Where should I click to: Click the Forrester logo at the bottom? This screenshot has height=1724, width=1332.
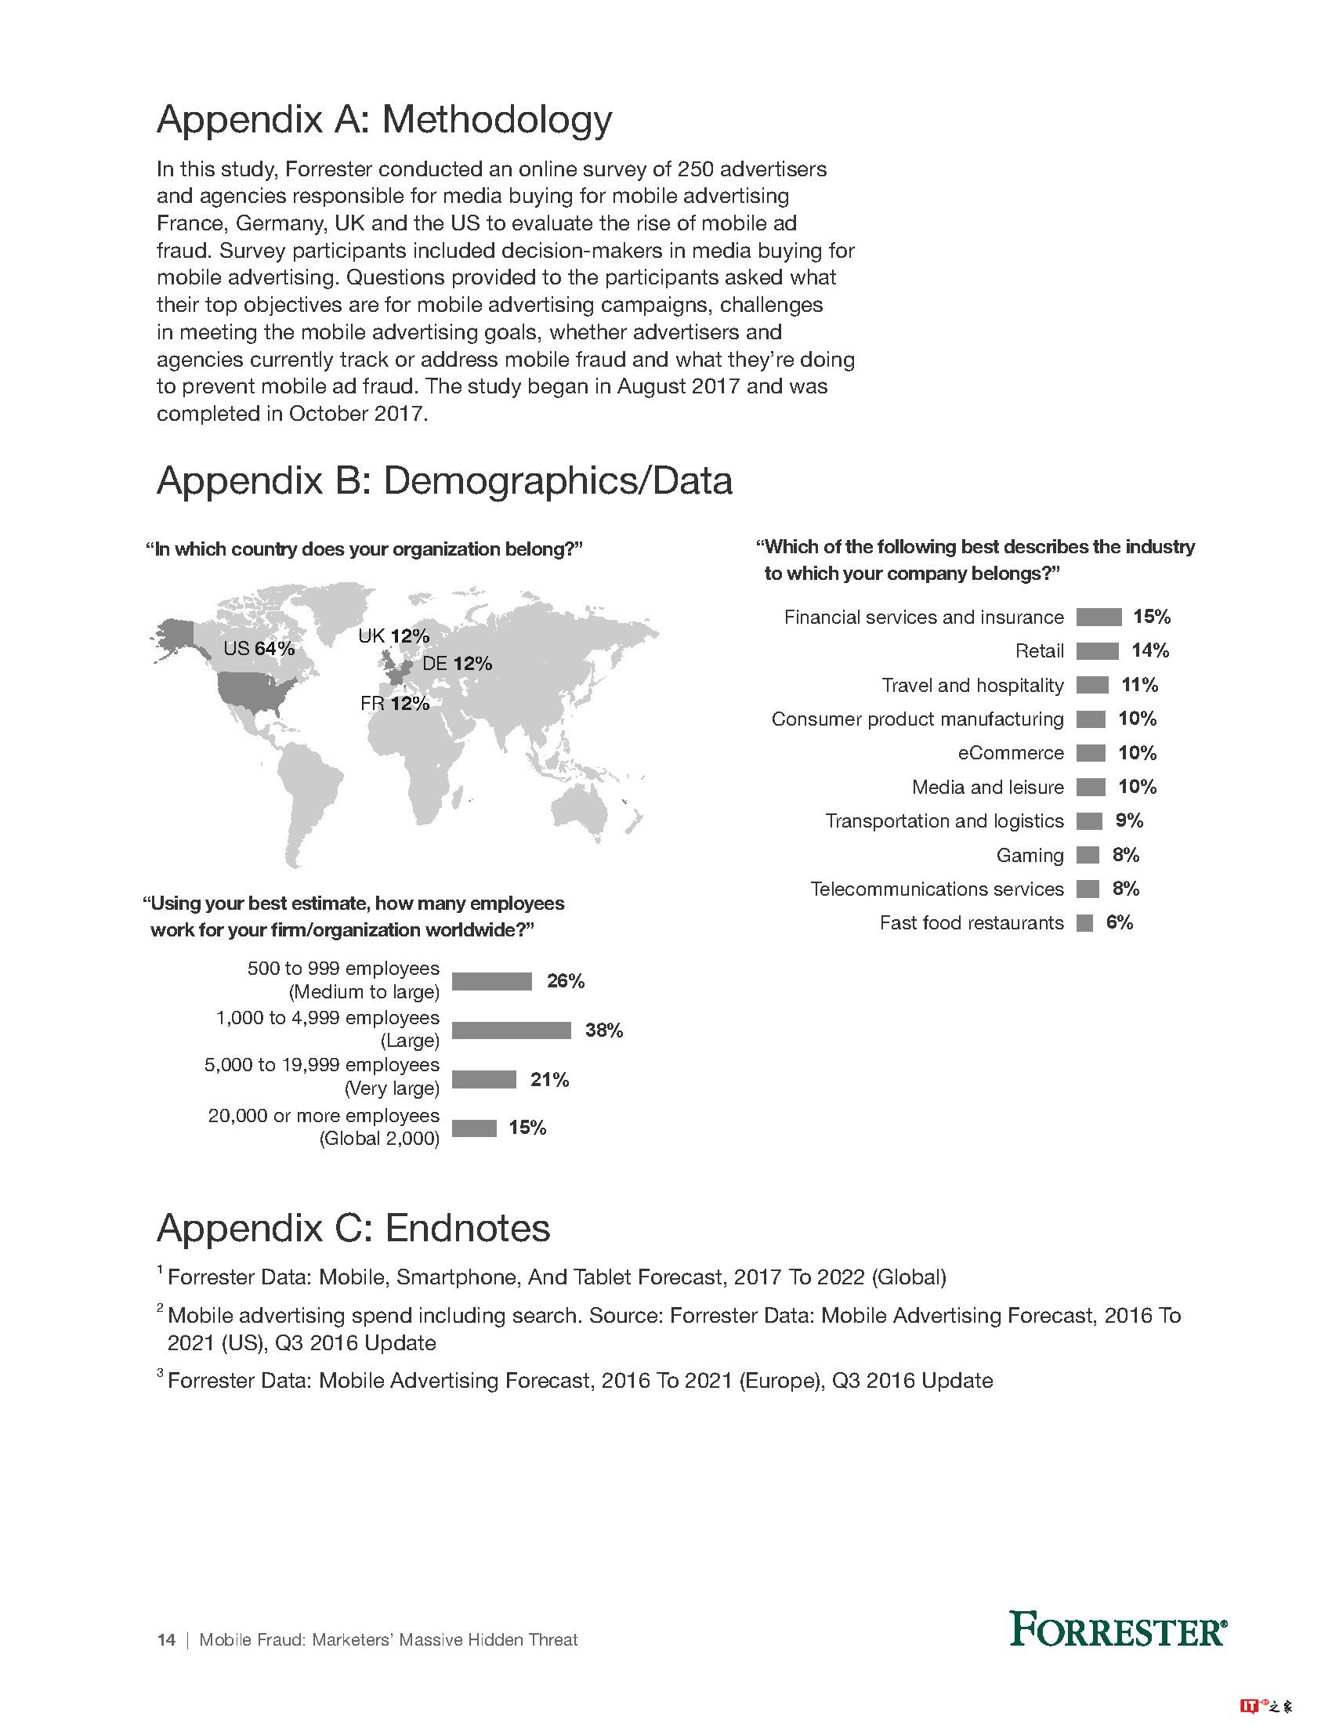click(x=1117, y=1630)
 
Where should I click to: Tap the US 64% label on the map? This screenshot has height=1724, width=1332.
click(x=259, y=649)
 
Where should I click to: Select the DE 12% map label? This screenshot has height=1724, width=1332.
click(x=457, y=664)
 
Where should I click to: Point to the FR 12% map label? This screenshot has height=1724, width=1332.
click(x=395, y=704)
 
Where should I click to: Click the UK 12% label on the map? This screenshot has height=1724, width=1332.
click(x=394, y=636)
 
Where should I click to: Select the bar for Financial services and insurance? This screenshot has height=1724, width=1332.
click(x=1099, y=618)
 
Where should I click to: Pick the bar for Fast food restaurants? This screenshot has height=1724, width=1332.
click(x=1085, y=923)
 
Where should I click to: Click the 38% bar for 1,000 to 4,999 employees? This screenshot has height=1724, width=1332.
click(x=512, y=1030)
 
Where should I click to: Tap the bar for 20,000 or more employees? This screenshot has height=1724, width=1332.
click(x=474, y=1128)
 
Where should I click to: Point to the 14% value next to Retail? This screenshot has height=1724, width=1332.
click(x=1149, y=651)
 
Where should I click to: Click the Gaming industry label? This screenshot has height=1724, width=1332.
click(x=1030, y=855)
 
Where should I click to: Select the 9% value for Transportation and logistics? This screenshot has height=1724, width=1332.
click(x=1129, y=821)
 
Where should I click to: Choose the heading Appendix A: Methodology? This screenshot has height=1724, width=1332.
click(x=384, y=120)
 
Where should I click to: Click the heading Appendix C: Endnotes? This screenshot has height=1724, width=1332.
click(x=353, y=1228)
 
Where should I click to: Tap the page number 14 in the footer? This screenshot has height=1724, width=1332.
click(x=165, y=1640)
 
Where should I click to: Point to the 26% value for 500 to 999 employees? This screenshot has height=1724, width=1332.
click(x=566, y=981)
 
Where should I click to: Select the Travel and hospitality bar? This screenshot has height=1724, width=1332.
click(x=1092, y=685)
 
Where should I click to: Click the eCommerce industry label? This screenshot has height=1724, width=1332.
click(x=1011, y=753)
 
